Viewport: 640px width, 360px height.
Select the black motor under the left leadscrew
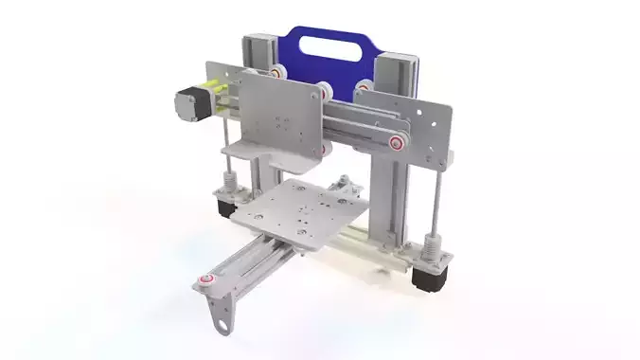click(x=225, y=206)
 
